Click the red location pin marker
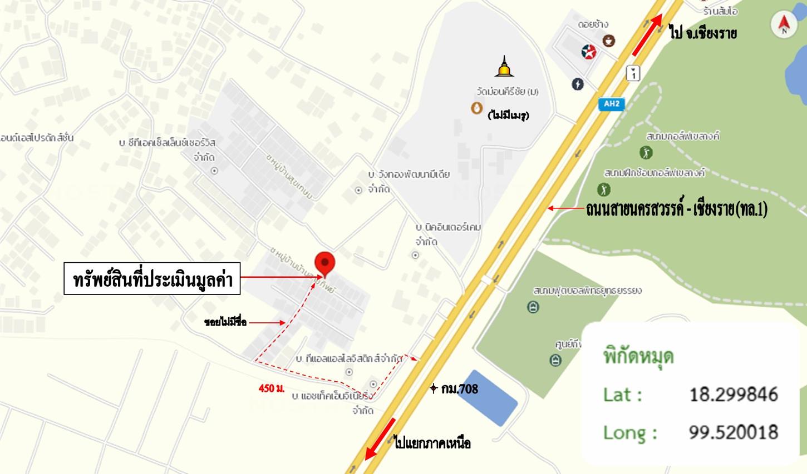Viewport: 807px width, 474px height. pos(325,263)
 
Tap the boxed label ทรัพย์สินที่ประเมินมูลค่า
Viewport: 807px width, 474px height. pos(152,278)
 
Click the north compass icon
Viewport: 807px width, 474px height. pos(784,25)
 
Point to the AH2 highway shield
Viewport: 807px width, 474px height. pos(611,104)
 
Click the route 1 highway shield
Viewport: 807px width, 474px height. pos(633,72)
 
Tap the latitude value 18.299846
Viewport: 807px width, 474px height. pos(733,395)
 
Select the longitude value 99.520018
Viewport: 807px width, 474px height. pos(733,432)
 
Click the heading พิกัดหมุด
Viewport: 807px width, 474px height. pos(638,356)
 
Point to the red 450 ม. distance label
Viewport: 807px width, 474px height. pos(272,388)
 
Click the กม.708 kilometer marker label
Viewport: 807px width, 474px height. pos(459,389)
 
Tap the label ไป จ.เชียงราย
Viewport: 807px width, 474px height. pos(703,33)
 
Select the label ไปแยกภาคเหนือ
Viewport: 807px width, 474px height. pos(432,443)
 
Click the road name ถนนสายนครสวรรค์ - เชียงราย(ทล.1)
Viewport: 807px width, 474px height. pos(676,209)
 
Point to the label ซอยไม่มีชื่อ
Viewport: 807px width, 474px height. pos(225,322)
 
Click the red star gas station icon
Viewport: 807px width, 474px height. pos(588,52)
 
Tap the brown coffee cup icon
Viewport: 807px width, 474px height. pos(609,41)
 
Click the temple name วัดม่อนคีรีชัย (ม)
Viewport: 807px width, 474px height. pos(507,91)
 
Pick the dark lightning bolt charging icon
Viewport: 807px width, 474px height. pos(578,84)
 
